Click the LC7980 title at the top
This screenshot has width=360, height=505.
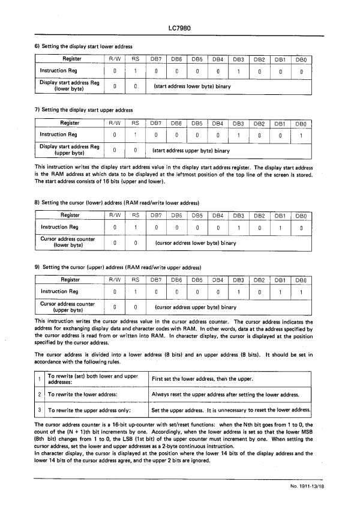tap(180, 28)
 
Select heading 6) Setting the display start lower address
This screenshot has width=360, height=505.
tap(84, 46)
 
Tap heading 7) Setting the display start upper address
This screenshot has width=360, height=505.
tap(84, 110)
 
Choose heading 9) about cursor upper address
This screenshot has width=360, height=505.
tap(118, 267)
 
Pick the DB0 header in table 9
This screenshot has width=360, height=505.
tap(301, 279)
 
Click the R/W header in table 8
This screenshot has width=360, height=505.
tap(114, 215)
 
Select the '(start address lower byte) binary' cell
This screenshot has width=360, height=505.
tap(193, 86)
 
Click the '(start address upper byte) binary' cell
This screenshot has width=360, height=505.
tap(191, 150)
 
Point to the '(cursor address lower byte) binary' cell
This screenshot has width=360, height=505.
tap(195, 243)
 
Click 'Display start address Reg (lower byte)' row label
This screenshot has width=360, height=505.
tap(69, 86)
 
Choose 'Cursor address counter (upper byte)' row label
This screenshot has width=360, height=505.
tap(68, 307)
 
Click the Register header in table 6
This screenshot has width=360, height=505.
tap(69, 59)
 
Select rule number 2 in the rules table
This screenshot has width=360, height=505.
tap(38, 395)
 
